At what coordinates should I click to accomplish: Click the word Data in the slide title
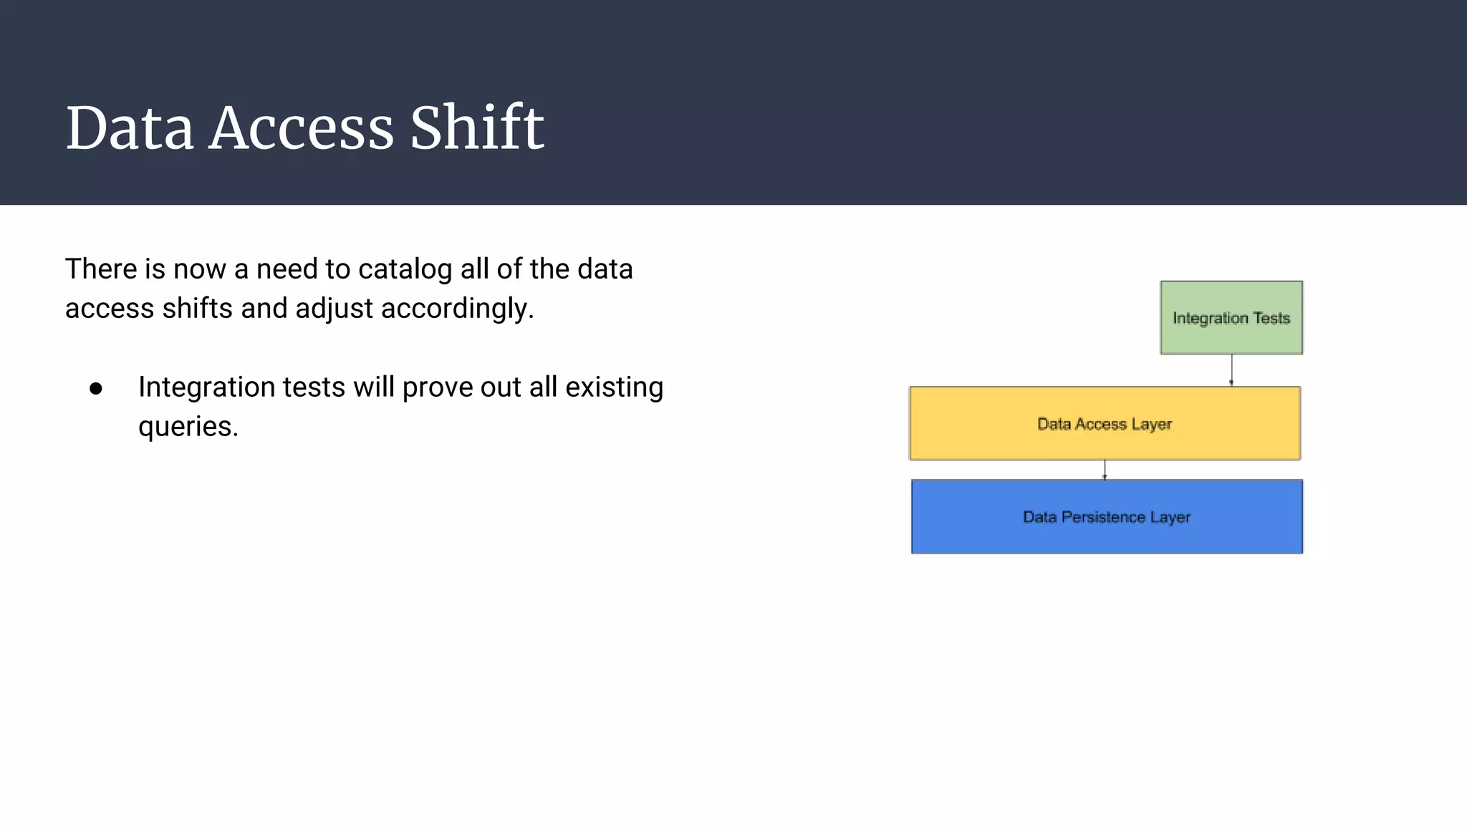click(x=130, y=128)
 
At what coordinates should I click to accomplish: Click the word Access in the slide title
click(x=301, y=128)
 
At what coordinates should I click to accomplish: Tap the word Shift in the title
click(x=476, y=128)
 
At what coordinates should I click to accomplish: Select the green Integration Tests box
click(x=1231, y=317)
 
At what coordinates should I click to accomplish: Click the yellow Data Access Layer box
click(x=1105, y=423)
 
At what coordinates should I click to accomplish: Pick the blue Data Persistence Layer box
click(x=1107, y=516)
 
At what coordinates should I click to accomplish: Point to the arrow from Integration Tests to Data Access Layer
click(x=1231, y=370)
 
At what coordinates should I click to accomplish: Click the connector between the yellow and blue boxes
click(x=1105, y=470)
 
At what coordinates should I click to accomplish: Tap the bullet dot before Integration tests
click(x=96, y=389)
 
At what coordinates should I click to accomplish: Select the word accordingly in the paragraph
click(x=457, y=309)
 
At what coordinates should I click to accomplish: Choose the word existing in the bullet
click(x=614, y=387)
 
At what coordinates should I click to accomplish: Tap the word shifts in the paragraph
click(x=197, y=309)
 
